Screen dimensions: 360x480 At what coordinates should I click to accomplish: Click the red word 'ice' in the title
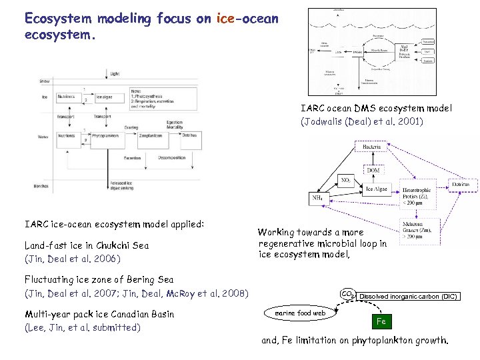[x=225, y=18]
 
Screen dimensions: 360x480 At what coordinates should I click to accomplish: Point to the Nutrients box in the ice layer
[x=67, y=97]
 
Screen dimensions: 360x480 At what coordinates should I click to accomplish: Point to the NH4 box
[x=319, y=198]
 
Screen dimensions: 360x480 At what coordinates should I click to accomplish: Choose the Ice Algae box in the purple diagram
[x=376, y=189]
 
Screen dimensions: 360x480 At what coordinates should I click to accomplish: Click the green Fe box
[x=381, y=321]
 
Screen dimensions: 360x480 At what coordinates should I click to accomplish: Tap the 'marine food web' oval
[x=300, y=313]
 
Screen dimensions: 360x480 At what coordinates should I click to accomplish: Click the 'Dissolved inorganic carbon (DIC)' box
[x=408, y=296]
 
